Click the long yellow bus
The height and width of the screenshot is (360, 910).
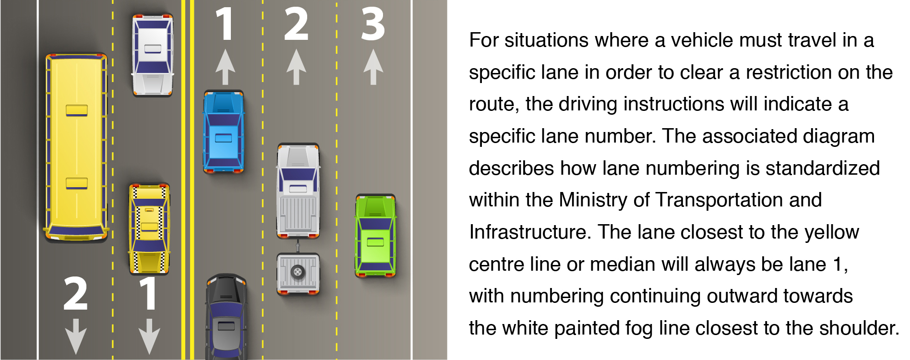pos(76,146)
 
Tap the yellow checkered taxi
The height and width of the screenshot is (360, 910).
pos(149,228)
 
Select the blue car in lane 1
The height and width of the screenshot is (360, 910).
pos(224,131)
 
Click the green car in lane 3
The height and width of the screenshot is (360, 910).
pos(375,235)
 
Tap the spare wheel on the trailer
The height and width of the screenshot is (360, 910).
pos(298,272)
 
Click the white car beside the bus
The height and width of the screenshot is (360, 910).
pos(153,55)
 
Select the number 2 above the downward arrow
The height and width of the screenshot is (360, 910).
pos(76,293)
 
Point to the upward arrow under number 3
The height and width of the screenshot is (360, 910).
pos(373,67)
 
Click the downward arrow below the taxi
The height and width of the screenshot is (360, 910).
pos(149,336)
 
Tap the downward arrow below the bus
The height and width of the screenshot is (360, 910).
pos(76,336)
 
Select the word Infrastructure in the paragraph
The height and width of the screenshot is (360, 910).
pos(528,232)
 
